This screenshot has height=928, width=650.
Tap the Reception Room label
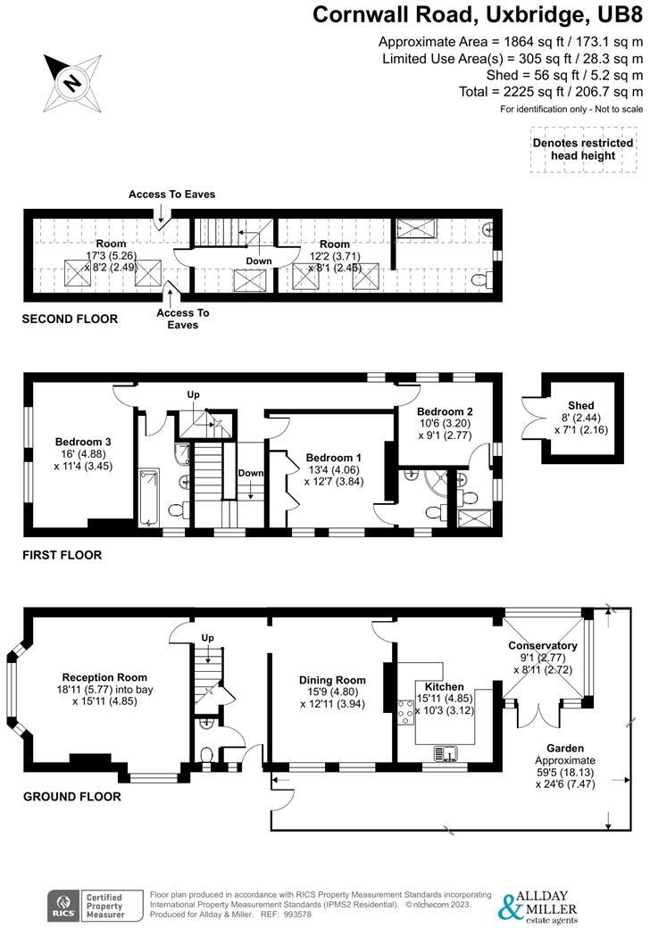[104, 677]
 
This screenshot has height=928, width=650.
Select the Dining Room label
[332, 679]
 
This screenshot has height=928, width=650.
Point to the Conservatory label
[542, 645]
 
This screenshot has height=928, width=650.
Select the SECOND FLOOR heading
[70, 319]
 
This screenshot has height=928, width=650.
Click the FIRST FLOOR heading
[62, 555]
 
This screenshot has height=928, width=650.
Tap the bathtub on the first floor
[148, 497]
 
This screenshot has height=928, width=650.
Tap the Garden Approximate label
[565, 760]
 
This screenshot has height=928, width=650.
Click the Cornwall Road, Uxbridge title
[478, 15]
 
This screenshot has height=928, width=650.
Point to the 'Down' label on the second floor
[259, 261]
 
